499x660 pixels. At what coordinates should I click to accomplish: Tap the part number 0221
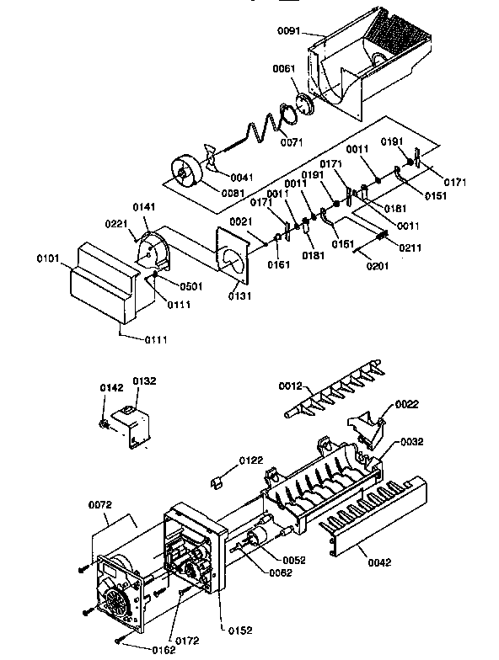point(116,224)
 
